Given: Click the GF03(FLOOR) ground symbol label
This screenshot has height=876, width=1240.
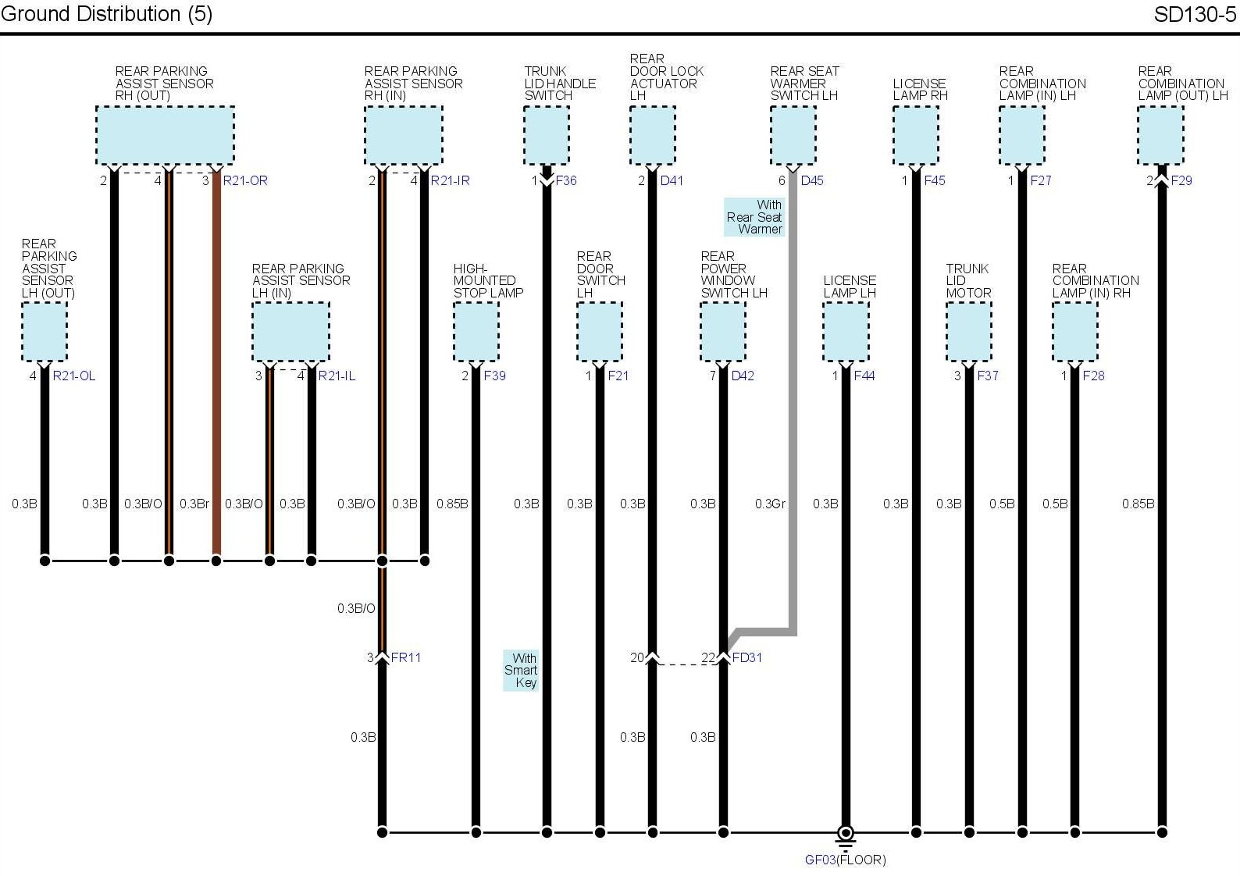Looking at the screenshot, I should click(845, 860).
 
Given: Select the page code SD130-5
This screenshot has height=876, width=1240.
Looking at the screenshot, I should click(1195, 14).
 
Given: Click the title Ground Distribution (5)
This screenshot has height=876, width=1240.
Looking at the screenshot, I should click(107, 14).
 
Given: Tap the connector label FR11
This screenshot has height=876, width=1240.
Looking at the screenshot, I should click(406, 657).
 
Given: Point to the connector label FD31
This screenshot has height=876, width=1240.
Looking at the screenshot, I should click(746, 657).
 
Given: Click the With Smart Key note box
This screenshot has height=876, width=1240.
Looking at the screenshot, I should click(521, 670).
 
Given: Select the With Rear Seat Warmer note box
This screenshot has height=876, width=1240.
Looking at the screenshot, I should click(754, 217).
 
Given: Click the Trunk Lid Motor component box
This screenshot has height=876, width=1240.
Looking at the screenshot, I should click(968, 332).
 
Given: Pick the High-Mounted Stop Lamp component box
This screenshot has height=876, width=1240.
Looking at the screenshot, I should click(476, 332).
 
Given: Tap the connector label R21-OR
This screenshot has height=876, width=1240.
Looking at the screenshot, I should click(245, 180).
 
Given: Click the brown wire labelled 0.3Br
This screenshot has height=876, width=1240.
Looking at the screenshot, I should click(216, 390).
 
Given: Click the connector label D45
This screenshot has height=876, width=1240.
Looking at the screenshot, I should click(812, 180).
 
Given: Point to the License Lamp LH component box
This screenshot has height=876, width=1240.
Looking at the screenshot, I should click(846, 332).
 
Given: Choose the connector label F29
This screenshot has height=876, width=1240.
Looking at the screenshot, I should click(1181, 180).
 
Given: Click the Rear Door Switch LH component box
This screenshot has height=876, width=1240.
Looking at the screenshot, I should click(599, 332).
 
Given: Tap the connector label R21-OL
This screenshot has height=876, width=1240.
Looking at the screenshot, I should click(74, 376).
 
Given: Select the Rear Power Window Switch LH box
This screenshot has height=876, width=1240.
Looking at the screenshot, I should click(722, 332).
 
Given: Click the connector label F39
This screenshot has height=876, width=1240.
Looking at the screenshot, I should click(494, 376).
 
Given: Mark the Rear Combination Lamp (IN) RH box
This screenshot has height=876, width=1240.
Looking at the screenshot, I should click(1074, 332).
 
